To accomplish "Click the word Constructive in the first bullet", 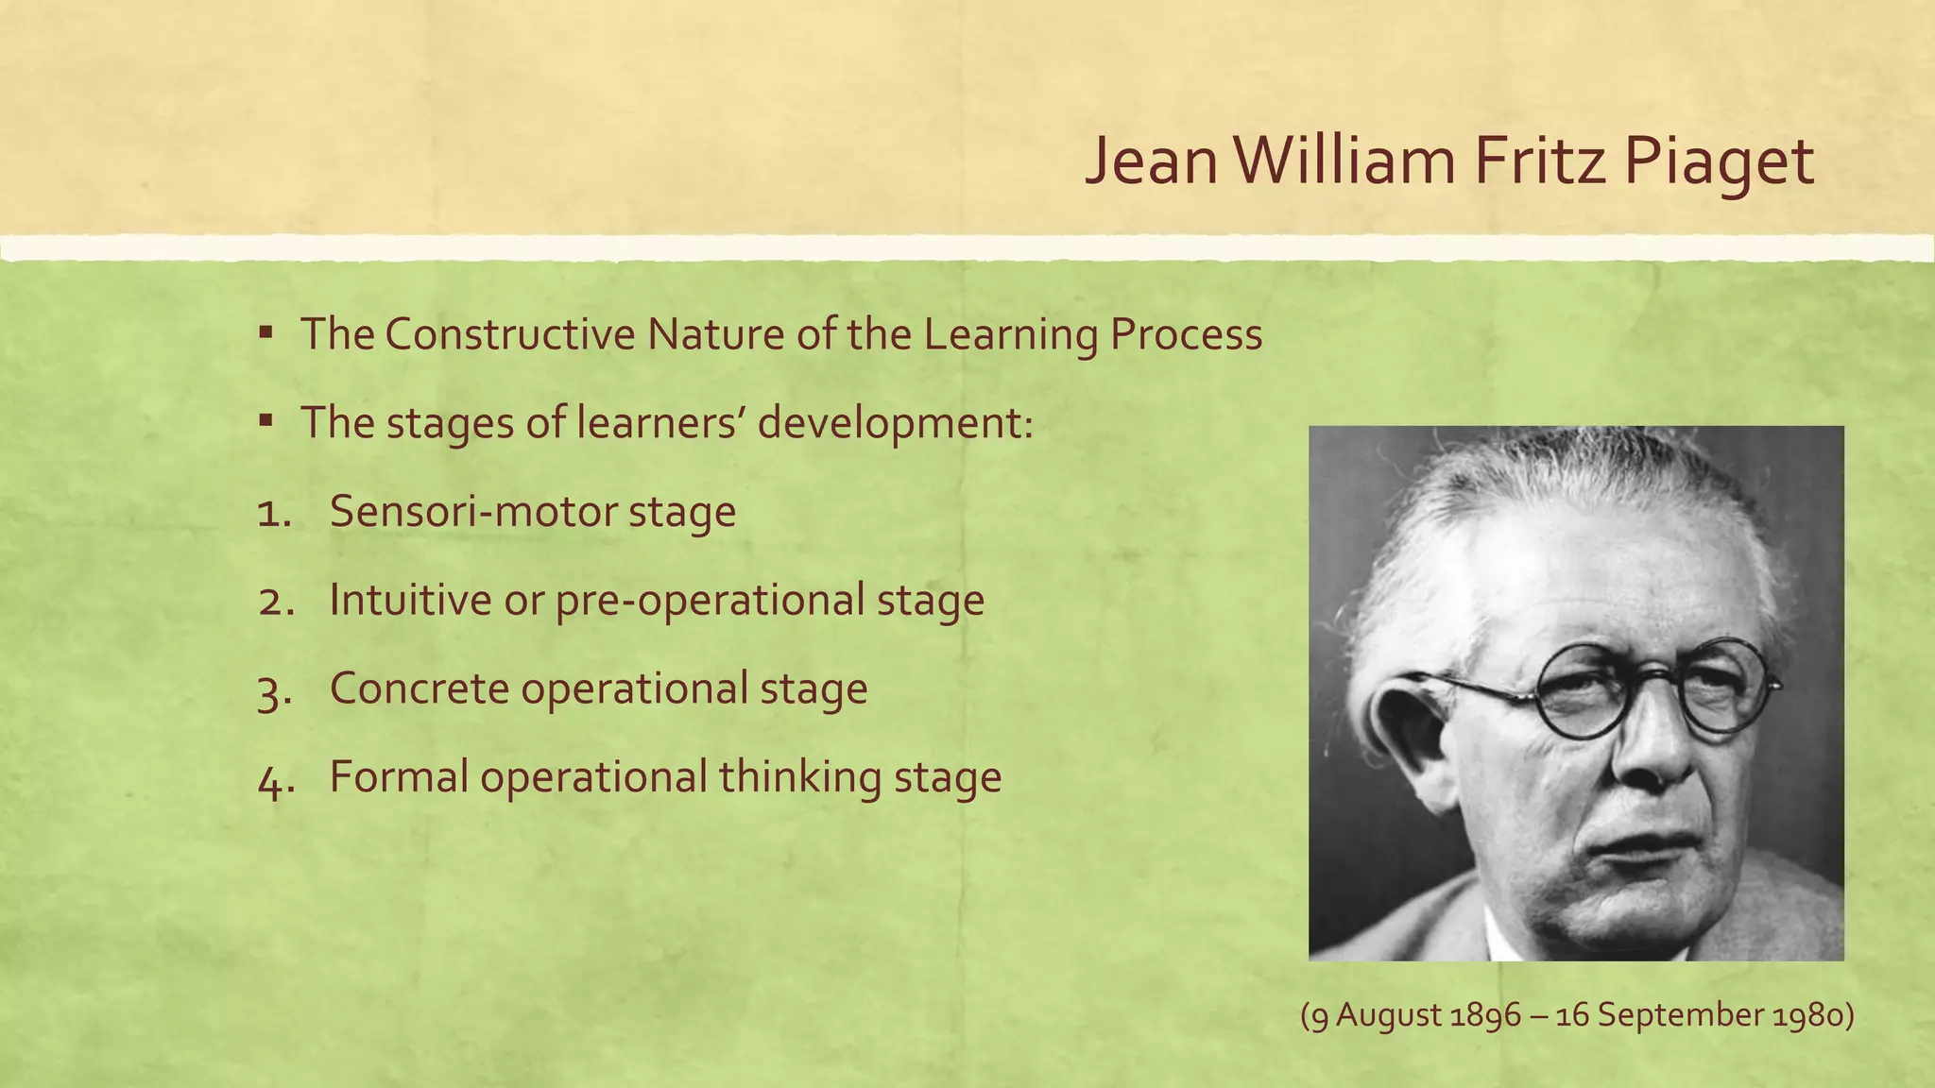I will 510,334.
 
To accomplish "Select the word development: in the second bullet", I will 896,423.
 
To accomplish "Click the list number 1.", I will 273,513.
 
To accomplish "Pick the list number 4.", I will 273,779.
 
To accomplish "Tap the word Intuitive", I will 410,600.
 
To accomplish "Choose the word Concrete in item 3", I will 420,688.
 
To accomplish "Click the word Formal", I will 399,777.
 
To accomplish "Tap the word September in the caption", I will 1679,1016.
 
